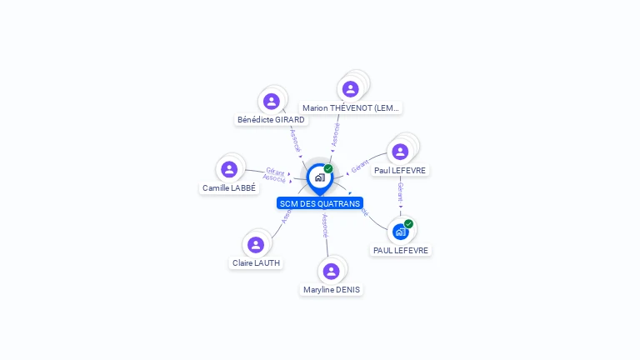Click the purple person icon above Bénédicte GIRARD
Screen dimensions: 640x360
(271, 101)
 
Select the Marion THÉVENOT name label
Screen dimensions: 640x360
(351, 108)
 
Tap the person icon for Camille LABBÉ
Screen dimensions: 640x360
(229, 169)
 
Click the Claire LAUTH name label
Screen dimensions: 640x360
(256, 263)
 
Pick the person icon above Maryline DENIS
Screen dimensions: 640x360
(331, 271)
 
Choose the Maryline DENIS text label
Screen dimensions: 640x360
(332, 290)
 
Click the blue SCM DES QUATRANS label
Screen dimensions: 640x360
(320, 203)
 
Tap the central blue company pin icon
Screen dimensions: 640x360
(319, 177)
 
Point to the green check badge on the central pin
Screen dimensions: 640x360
(328, 169)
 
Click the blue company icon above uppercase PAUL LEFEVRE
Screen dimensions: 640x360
(401, 231)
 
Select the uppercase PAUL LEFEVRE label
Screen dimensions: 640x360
(401, 250)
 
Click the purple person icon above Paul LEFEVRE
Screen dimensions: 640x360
(400, 152)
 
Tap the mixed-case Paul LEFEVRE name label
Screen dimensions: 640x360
(400, 171)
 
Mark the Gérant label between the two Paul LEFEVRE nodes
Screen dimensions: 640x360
(401, 192)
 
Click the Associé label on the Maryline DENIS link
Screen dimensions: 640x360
(325, 226)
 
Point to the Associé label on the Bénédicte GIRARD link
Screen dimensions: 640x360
(295, 140)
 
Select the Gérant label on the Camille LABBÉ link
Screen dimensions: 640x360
(275, 172)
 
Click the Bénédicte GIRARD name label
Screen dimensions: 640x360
(271, 120)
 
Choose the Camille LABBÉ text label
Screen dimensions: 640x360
(229, 188)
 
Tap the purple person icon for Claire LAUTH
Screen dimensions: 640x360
(256, 244)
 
